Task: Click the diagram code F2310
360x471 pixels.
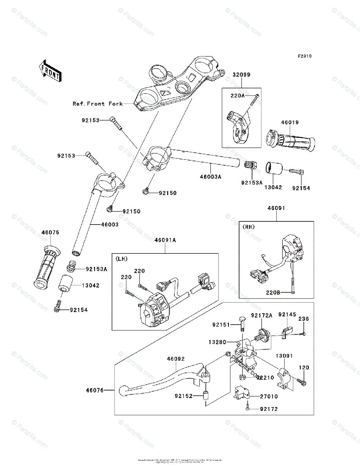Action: click(304, 56)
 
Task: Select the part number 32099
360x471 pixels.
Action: click(241, 75)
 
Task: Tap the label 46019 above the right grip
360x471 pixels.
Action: click(290, 122)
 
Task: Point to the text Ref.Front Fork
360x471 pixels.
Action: click(97, 104)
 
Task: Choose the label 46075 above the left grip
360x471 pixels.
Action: click(50, 232)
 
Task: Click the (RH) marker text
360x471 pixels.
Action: click(249, 226)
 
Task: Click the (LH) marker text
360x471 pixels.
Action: click(121, 259)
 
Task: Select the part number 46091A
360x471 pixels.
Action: click(165, 240)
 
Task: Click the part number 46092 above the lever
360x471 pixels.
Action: click(175, 359)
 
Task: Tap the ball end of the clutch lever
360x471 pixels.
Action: click(123, 390)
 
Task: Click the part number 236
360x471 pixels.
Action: click(304, 319)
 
